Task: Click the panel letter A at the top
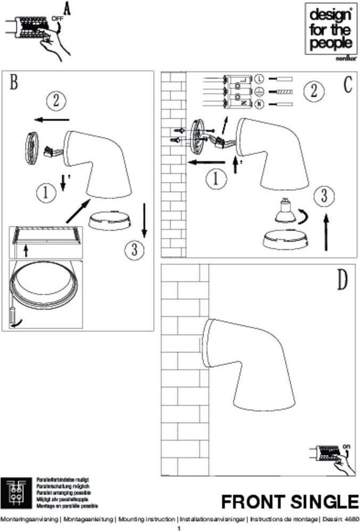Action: point(67,9)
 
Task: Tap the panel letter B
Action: point(14,82)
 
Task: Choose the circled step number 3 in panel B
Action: point(132,250)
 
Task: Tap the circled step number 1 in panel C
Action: point(215,179)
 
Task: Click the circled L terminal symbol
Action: point(260,79)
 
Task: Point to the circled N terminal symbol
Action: point(260,104)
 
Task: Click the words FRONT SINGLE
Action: point(290,502)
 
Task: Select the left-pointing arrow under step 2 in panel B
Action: point(53,119)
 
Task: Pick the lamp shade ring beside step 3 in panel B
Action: point(110,220)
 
